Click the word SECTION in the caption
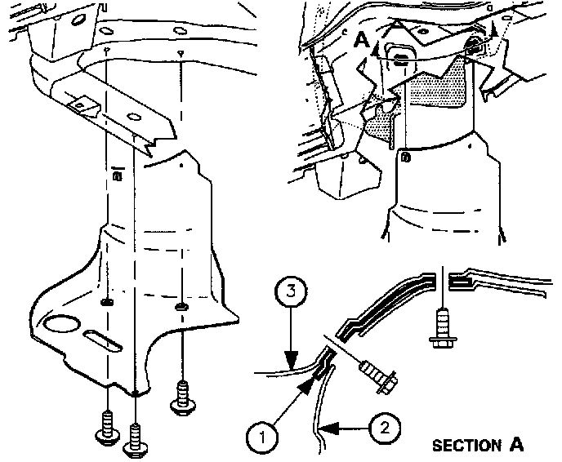[x=466, y=446]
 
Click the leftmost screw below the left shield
[x=107, y=430]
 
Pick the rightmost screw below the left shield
[x=181, y=399]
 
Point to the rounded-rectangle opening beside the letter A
[x=399, y=58]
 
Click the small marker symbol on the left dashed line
[x=118, y=173]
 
